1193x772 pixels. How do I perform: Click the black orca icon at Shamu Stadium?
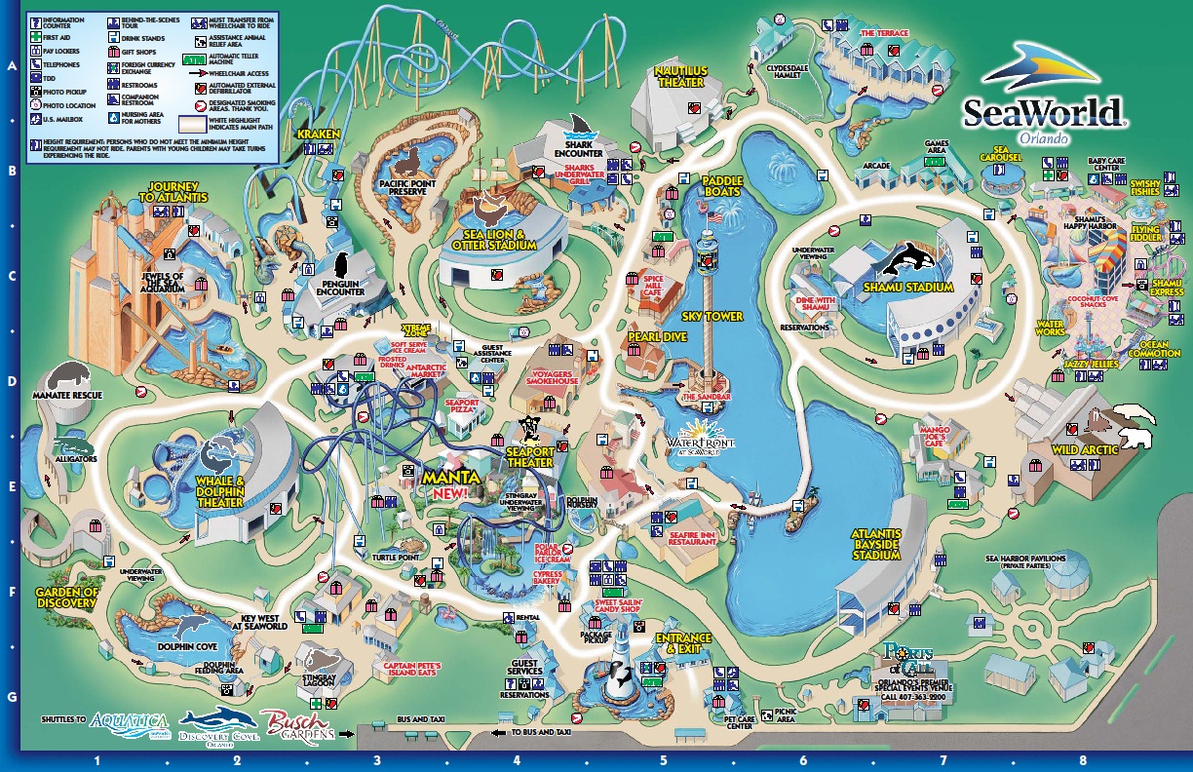pos(902,258)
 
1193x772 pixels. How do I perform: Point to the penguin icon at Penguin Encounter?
pos(342,265)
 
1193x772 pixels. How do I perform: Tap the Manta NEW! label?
pos(452,484)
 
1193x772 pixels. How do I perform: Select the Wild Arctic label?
pos(1090,450)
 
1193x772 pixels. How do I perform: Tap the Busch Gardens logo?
pos(298,723)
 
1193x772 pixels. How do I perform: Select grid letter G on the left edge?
pos(12,698)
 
